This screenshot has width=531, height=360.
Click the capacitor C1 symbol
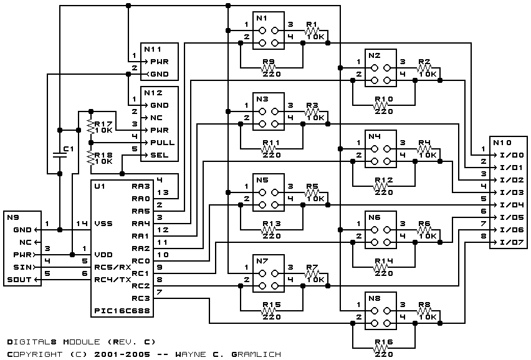point(60,155)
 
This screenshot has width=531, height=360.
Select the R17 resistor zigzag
point(90,126)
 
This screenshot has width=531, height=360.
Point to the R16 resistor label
point(384,342)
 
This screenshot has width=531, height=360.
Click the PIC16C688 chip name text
point(122,311)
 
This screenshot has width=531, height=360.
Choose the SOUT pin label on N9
point(19,280)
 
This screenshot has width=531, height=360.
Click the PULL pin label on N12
point(163,143)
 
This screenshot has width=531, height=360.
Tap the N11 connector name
point(153,49)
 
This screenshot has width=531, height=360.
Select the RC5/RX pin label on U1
point(112,267)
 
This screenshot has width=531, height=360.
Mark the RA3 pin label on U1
point(140,186)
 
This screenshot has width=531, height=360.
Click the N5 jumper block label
point(262,180)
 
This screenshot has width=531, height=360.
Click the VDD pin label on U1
point(103,255)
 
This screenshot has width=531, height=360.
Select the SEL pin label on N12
point(160,155)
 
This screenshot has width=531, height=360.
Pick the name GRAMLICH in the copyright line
point(256,354)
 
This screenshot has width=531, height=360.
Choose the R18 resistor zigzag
point(90,158)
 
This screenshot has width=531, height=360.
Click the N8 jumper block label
point(375,298)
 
